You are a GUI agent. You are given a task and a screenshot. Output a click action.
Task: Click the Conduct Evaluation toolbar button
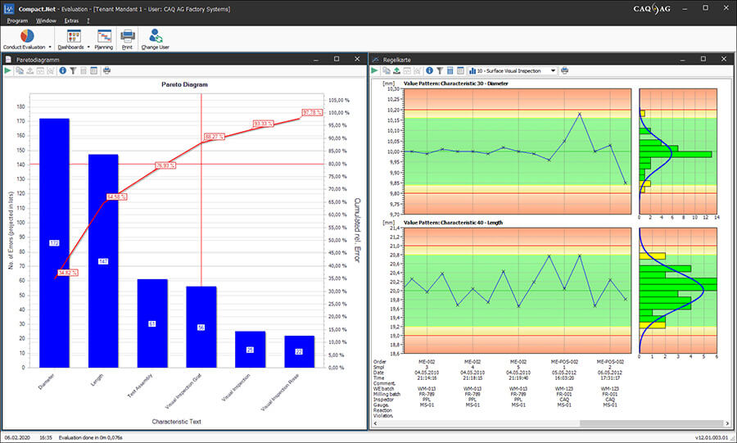click(27, 39)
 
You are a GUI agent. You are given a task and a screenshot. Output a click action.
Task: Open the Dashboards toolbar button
click(75, 39)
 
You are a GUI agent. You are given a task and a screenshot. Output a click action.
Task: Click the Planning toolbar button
click(104, 39)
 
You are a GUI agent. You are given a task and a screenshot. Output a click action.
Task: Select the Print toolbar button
click(128, 39)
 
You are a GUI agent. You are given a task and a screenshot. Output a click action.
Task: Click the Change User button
click(155, 39)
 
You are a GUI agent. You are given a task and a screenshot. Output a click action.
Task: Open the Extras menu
click(71, 20)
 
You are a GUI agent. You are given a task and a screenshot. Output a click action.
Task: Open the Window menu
click(46, 20)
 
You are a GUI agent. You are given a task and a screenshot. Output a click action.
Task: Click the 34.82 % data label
click(68, 272)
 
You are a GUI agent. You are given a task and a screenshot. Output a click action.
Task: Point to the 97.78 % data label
click(312, 112)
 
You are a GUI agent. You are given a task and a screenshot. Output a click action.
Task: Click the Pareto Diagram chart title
click(184, 84)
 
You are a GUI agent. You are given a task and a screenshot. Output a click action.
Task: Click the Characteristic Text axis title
click(177, 422)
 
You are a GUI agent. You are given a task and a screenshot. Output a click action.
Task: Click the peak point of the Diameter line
click(580, 114)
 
